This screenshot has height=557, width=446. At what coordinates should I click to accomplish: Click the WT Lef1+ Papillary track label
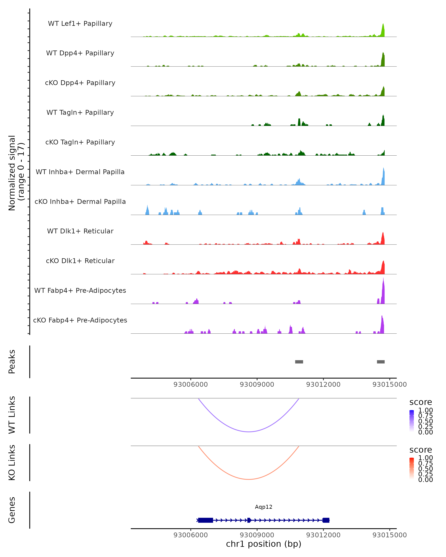tap(80, 24)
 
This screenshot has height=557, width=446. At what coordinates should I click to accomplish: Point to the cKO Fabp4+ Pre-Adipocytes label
tap(80, 320)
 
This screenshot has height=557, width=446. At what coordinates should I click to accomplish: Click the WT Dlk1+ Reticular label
tap(80, 231)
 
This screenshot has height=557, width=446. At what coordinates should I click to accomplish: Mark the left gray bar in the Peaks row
tap(299, 362)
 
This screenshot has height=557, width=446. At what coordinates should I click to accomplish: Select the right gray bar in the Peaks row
tap(381, 362)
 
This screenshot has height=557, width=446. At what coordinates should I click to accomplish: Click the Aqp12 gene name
tap(264, 507)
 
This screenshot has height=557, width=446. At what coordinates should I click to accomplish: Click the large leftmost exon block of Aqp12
tap(206, 520)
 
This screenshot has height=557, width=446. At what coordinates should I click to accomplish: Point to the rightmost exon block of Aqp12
tap(326, 520)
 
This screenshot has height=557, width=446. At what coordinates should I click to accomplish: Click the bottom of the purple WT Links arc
tap(248, 431)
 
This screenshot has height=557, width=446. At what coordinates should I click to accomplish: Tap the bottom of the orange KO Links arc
tap(248, 479)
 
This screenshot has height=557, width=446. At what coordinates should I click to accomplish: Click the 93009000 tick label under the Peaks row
tap(257, 385)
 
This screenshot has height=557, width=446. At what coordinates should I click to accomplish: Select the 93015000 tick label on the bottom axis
tap(389, 535)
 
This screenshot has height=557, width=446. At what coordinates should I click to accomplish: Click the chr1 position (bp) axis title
tap(264, 544)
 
